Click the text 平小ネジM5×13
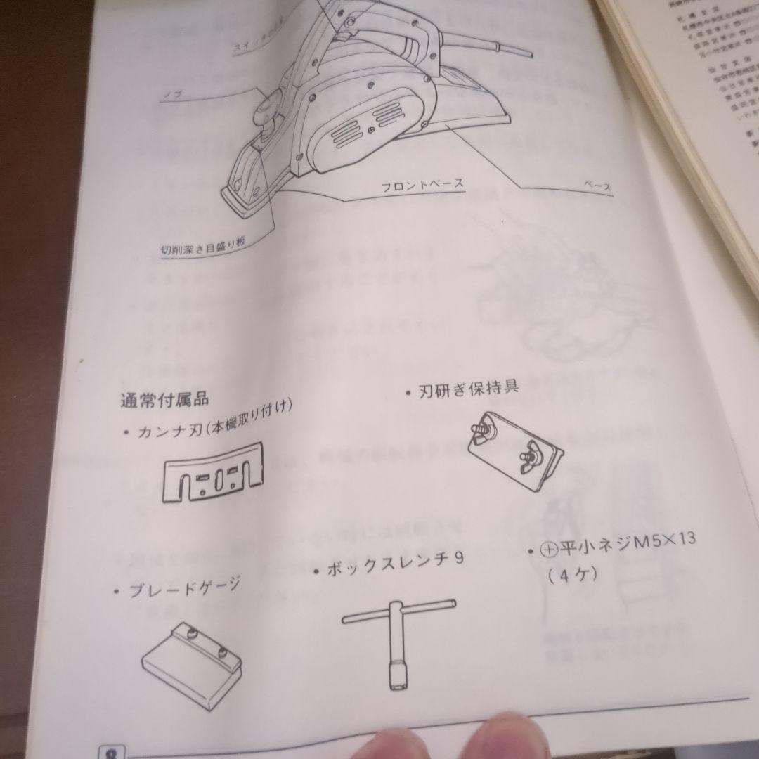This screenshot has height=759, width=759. tap(626, 544)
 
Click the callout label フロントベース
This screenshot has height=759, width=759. tap(422, 185)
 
